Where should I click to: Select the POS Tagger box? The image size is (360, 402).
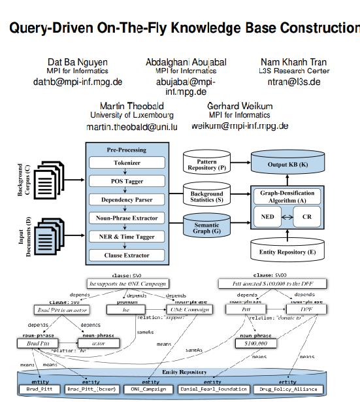pos(128,181)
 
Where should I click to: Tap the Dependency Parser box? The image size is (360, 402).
pos(128,199)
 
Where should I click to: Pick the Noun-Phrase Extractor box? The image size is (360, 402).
pos(128,218)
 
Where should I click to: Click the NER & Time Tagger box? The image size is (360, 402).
pos(128,236)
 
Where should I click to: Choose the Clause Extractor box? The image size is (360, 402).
pos(128,255)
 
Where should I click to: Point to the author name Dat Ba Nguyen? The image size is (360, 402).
pos(78,62)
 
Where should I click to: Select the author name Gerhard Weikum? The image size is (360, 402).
pos(239,106)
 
